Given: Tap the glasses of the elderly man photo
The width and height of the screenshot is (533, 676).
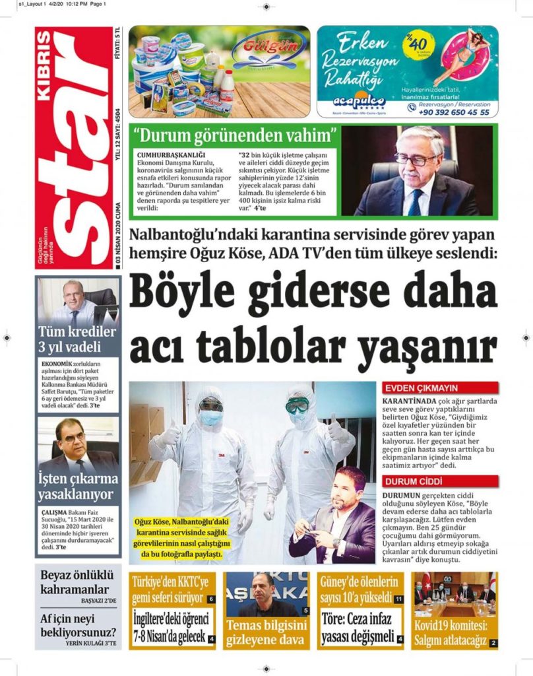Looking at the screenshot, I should pyautogui.click(x=415, y=159).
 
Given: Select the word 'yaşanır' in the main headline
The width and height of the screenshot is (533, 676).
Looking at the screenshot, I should pyautogui.click(x=429, y=347).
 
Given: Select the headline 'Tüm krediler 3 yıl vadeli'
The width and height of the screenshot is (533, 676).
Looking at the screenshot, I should pyautogui.click(x=78, y=339).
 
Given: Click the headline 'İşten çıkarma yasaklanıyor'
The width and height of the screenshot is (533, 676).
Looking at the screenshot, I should pyautogui.click(x=78, y=487).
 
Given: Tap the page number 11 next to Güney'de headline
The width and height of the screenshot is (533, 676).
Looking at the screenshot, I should pyautogui.click(x=399, y=599).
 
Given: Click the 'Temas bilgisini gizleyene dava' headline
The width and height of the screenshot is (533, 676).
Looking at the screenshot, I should pyautogui.click(x=266, y=632).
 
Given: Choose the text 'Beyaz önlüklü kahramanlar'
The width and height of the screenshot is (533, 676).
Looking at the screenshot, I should pyautogui.click(x=78, y=582).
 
